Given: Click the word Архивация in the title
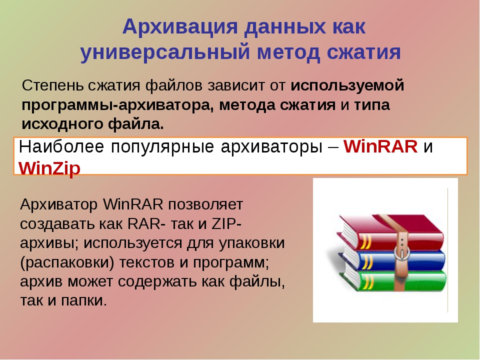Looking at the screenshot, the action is (x=180, y=27).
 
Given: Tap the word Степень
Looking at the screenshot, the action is (x=52, y=86).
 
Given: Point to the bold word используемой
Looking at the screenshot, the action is (x=347, y=85).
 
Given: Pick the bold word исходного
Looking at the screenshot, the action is (x=62, y=124).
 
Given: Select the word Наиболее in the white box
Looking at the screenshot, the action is (x=61, y=146).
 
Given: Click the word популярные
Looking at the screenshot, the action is (x=162, y=147).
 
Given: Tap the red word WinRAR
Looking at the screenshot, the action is (x=380, y=146).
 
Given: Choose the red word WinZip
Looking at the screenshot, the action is (x=49, y=168).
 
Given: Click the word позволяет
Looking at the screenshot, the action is (x=205, y=204).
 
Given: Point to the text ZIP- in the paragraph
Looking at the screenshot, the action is (x=226, y=224).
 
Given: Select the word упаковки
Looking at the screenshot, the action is (x=251, y=243).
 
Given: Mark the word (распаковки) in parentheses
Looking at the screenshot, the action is (x=67, y=263).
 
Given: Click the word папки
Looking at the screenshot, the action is (x=84, y=300).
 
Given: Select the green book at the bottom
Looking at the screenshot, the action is (x=395, y=280).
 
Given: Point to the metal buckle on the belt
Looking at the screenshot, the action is (x=401, y=252).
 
